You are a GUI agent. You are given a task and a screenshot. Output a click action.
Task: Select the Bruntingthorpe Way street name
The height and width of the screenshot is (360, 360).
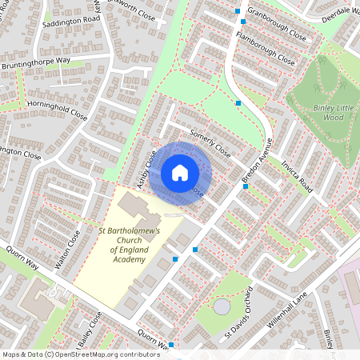[46, 60]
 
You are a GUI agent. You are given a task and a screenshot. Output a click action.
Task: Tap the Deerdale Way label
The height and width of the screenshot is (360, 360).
[334, 13]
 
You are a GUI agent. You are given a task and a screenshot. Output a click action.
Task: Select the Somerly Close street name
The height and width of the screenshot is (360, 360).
[210, 143]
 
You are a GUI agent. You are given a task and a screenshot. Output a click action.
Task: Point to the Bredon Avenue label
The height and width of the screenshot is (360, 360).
[258, 158]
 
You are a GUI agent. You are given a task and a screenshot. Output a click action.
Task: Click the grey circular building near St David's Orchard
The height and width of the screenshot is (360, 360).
[222, 306]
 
